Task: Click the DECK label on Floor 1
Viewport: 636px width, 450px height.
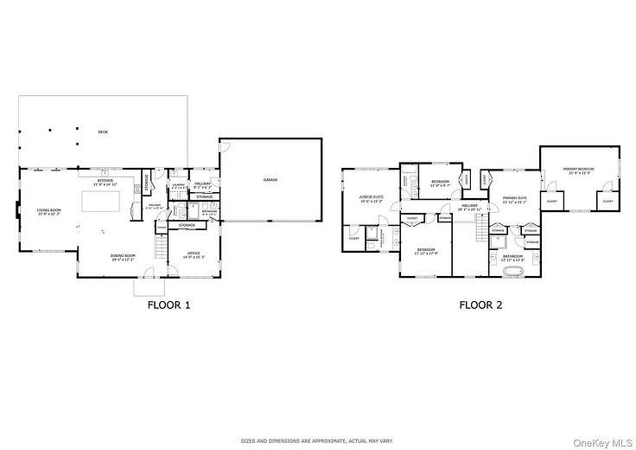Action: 103,130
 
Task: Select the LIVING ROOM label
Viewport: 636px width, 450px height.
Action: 48,211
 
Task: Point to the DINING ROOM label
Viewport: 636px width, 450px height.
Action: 124,257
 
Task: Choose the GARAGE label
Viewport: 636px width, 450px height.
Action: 270,179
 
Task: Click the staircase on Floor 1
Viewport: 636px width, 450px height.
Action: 158,249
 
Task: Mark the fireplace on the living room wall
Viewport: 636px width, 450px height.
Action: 16,210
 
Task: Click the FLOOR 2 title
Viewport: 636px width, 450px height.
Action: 480,305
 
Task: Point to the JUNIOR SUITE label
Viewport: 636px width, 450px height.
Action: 372,198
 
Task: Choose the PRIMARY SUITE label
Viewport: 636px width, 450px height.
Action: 515,200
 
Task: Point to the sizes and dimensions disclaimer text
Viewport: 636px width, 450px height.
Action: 318,440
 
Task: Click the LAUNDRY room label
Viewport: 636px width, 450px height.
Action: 178,183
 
